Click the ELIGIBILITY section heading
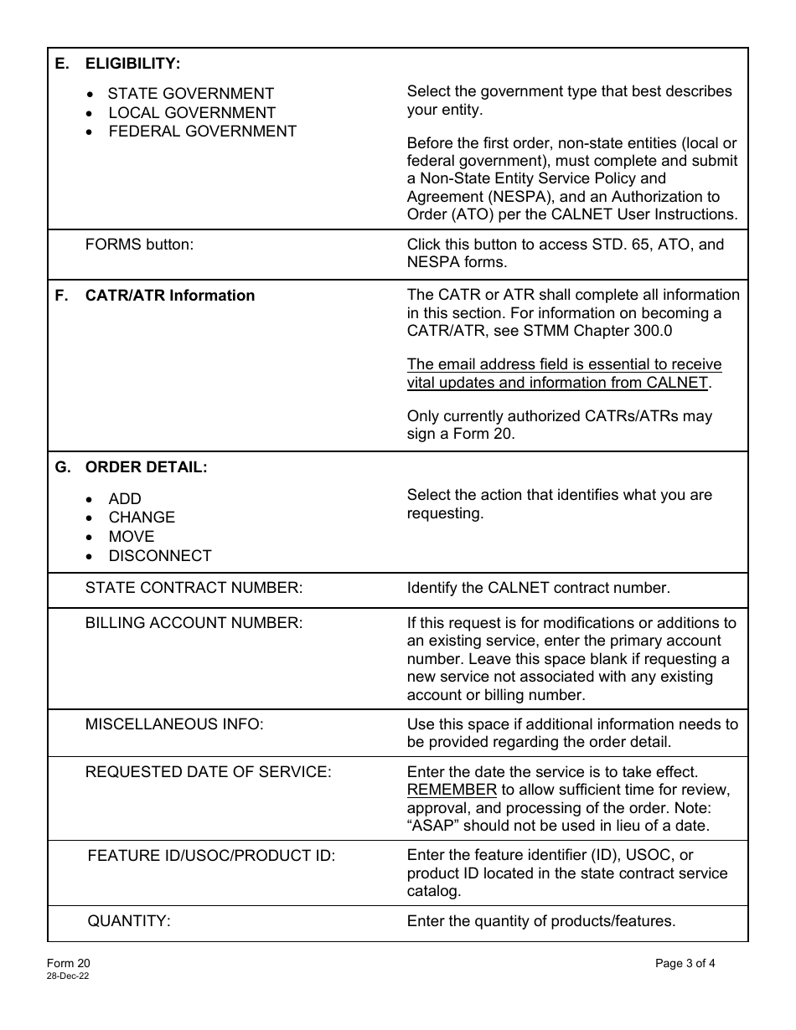pos(132,64)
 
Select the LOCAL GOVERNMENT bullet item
pos(192,113)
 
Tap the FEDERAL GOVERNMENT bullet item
pos(202,131)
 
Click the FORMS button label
pos(139,245)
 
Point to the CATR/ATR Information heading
pos(170,296)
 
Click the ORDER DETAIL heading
pos(146,467)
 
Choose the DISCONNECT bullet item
pos(160,556)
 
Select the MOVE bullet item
pos(132,537)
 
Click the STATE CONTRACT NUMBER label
pos(194,588)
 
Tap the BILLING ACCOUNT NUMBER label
pos(194,623)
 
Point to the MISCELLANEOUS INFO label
pos(174,724)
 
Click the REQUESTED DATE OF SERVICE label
pos(208,772)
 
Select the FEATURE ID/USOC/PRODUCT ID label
pos(211,856)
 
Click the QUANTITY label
pos(129,921)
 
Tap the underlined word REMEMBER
pos(452,791)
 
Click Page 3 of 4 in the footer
pos(685,964)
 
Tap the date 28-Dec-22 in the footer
pos(69,976)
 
